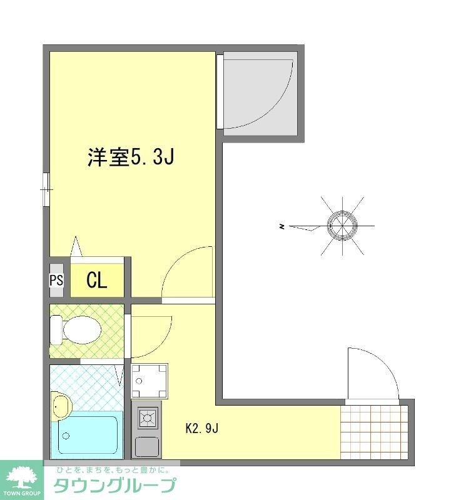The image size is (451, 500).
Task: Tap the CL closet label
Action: point(96,281)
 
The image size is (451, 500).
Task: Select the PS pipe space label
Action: point(56,280)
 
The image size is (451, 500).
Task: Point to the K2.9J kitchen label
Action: point(201,429)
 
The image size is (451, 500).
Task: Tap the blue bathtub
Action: point(88,434)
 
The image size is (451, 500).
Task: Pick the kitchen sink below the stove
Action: point(148,446)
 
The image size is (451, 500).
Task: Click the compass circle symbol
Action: point(342,226)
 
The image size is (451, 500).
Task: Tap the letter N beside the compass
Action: point(283,226)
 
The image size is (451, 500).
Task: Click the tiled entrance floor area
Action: point(373,431)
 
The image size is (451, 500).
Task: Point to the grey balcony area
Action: point(259,93)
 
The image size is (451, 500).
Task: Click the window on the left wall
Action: point(46,188)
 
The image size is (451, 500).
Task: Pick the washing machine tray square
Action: point(149,381)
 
